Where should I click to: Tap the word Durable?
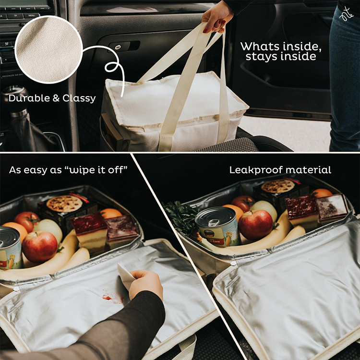[29, 98]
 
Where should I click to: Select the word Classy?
[79, 98]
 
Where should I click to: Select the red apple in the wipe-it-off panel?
[40, 247]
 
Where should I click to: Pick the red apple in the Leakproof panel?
[255, 225]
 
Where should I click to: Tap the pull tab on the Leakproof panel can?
[213, 222]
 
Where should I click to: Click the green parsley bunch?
[181, 217]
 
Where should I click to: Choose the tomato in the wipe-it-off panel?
[27, 221]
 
